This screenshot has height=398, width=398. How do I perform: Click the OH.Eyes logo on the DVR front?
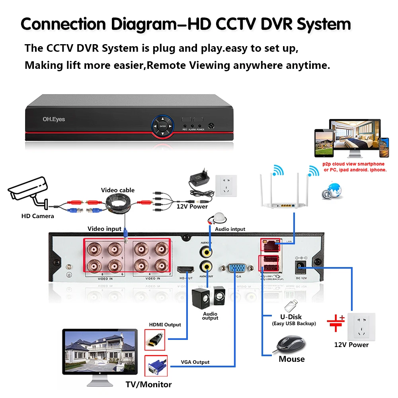pos(54,119)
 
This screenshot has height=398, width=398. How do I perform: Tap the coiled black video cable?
pos(118,202)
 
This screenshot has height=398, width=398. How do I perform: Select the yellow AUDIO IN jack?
pos(206,251)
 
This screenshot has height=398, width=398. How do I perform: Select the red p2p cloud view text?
pos(353,167)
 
